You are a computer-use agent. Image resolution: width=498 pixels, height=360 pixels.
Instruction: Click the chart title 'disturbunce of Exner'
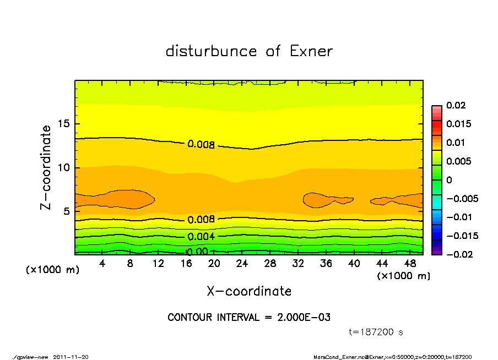point(249,51)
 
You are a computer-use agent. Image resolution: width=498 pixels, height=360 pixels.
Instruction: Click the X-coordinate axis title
point(249,291)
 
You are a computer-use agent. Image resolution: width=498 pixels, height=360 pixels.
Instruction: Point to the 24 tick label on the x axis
point(242,264)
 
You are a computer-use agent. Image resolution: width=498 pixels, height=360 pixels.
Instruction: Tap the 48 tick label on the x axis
point(409,264)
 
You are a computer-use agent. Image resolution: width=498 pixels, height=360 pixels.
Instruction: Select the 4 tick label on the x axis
point(102,264)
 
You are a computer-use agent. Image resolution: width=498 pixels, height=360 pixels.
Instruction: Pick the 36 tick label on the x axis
point(326,264)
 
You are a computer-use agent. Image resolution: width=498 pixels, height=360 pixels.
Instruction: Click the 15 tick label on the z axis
point(64,124)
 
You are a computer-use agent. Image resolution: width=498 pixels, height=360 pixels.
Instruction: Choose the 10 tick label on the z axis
point(64,167)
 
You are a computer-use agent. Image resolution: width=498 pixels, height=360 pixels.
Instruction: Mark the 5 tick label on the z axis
point(67,211)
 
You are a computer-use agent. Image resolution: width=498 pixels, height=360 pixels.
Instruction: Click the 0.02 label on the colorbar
point(457,105)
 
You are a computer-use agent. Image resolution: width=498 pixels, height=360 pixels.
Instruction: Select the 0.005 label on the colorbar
point(459,161)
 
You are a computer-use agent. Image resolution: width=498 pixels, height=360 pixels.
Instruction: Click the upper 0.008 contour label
point(201,145)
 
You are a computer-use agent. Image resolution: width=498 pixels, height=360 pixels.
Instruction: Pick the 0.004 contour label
point(201,237)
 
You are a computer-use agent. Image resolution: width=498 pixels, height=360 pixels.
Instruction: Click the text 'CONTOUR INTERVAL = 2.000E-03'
point(249,318)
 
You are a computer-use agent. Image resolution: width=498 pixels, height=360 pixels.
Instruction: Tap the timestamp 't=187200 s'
point(376,332)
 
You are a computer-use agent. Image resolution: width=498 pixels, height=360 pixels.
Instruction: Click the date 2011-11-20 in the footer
point(71,357)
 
